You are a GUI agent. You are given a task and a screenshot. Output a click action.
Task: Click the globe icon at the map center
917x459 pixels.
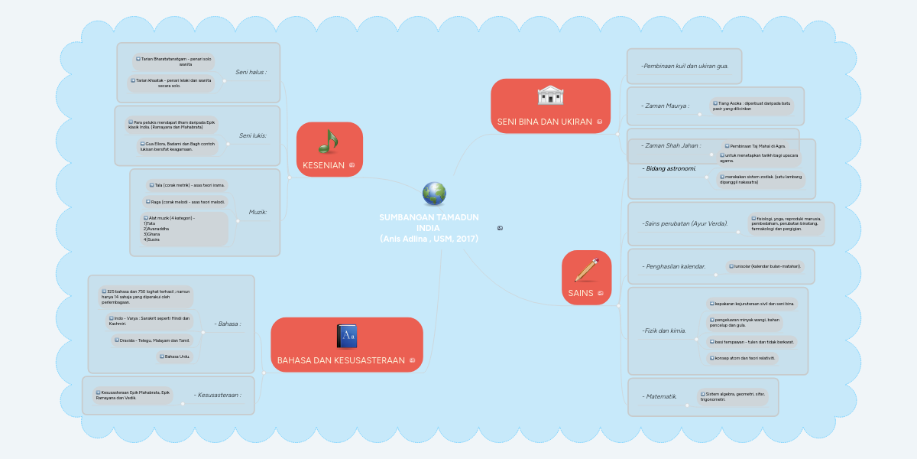(434, 194)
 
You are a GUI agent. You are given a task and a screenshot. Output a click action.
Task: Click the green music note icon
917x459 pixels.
(329, 141)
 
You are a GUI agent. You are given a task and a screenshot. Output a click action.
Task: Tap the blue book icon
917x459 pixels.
(346, 337)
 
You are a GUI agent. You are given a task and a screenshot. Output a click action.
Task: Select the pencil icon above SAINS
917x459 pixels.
(586, 270)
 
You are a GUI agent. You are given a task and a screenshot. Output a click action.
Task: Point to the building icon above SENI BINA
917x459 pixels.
(550, 96)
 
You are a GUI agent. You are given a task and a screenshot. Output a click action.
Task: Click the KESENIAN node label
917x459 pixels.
(324, 165)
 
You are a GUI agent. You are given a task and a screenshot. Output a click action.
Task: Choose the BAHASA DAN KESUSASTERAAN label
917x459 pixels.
(341, 360)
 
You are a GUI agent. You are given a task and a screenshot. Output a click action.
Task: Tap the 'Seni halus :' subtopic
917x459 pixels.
(251, 73)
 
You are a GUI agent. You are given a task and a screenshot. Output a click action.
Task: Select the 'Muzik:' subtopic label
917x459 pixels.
(258, 212)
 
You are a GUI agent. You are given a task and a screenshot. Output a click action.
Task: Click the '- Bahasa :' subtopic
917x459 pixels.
(228, 324)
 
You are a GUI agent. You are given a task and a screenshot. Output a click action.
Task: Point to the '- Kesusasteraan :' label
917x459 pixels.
(218, 395)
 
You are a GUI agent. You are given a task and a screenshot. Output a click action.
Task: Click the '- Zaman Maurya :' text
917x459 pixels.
(665, 106)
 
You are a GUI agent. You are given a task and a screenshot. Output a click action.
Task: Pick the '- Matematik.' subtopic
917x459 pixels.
(659, 396)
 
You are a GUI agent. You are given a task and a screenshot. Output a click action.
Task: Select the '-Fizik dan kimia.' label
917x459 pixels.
(664, 331)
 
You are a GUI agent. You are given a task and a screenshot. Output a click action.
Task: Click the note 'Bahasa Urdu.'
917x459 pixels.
(175, 356)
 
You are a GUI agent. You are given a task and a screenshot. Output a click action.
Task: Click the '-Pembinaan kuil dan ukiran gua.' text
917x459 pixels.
(685, 66)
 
